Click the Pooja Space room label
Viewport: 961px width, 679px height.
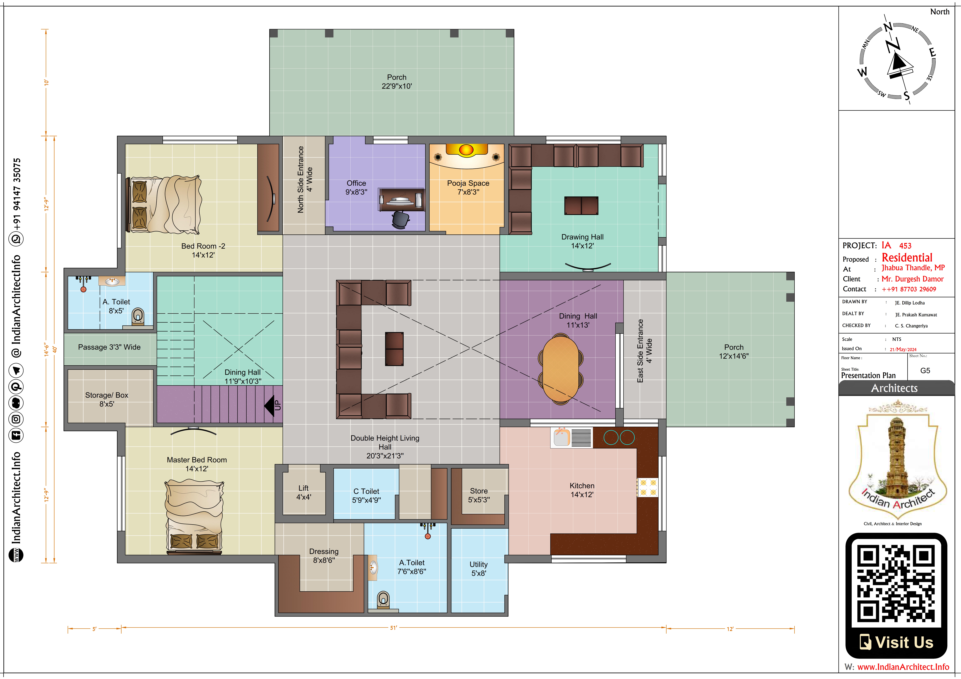coord(468,187)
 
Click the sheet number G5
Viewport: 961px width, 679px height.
coord(925,370)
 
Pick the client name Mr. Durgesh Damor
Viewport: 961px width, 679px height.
coord(913,279)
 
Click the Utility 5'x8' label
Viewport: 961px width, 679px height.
coord(478,569)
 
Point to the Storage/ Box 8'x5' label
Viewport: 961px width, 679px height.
coord(107,399)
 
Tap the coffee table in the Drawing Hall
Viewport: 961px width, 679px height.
coord(581,205)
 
